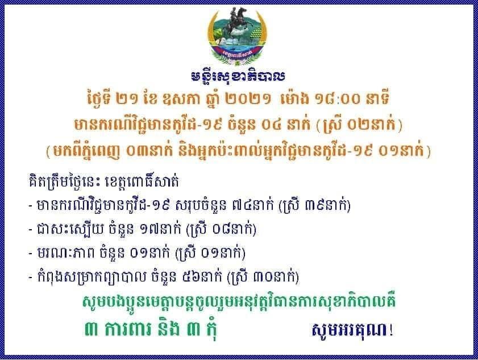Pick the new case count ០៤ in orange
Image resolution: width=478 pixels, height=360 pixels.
coord(278,125)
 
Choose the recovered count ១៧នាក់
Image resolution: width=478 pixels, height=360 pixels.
coord(160,230)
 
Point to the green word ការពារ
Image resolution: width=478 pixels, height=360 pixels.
coord(130,330)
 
